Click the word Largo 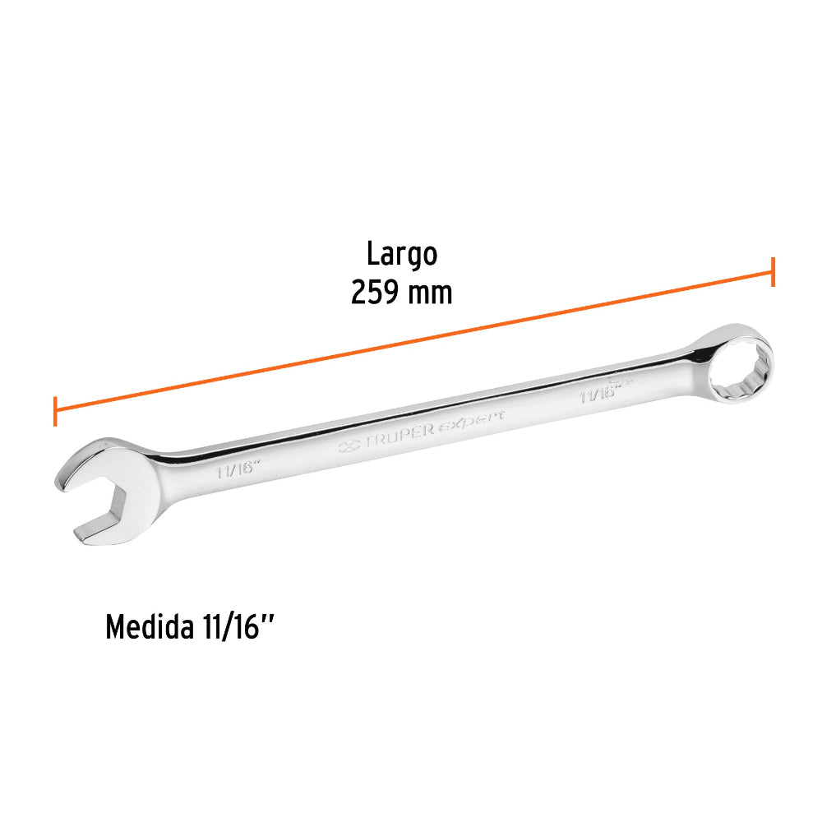point(402,256)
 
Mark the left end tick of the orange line point(55,411)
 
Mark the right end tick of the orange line point(773,271)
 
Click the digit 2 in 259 point(358,292)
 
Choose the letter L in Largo point(372,255)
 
